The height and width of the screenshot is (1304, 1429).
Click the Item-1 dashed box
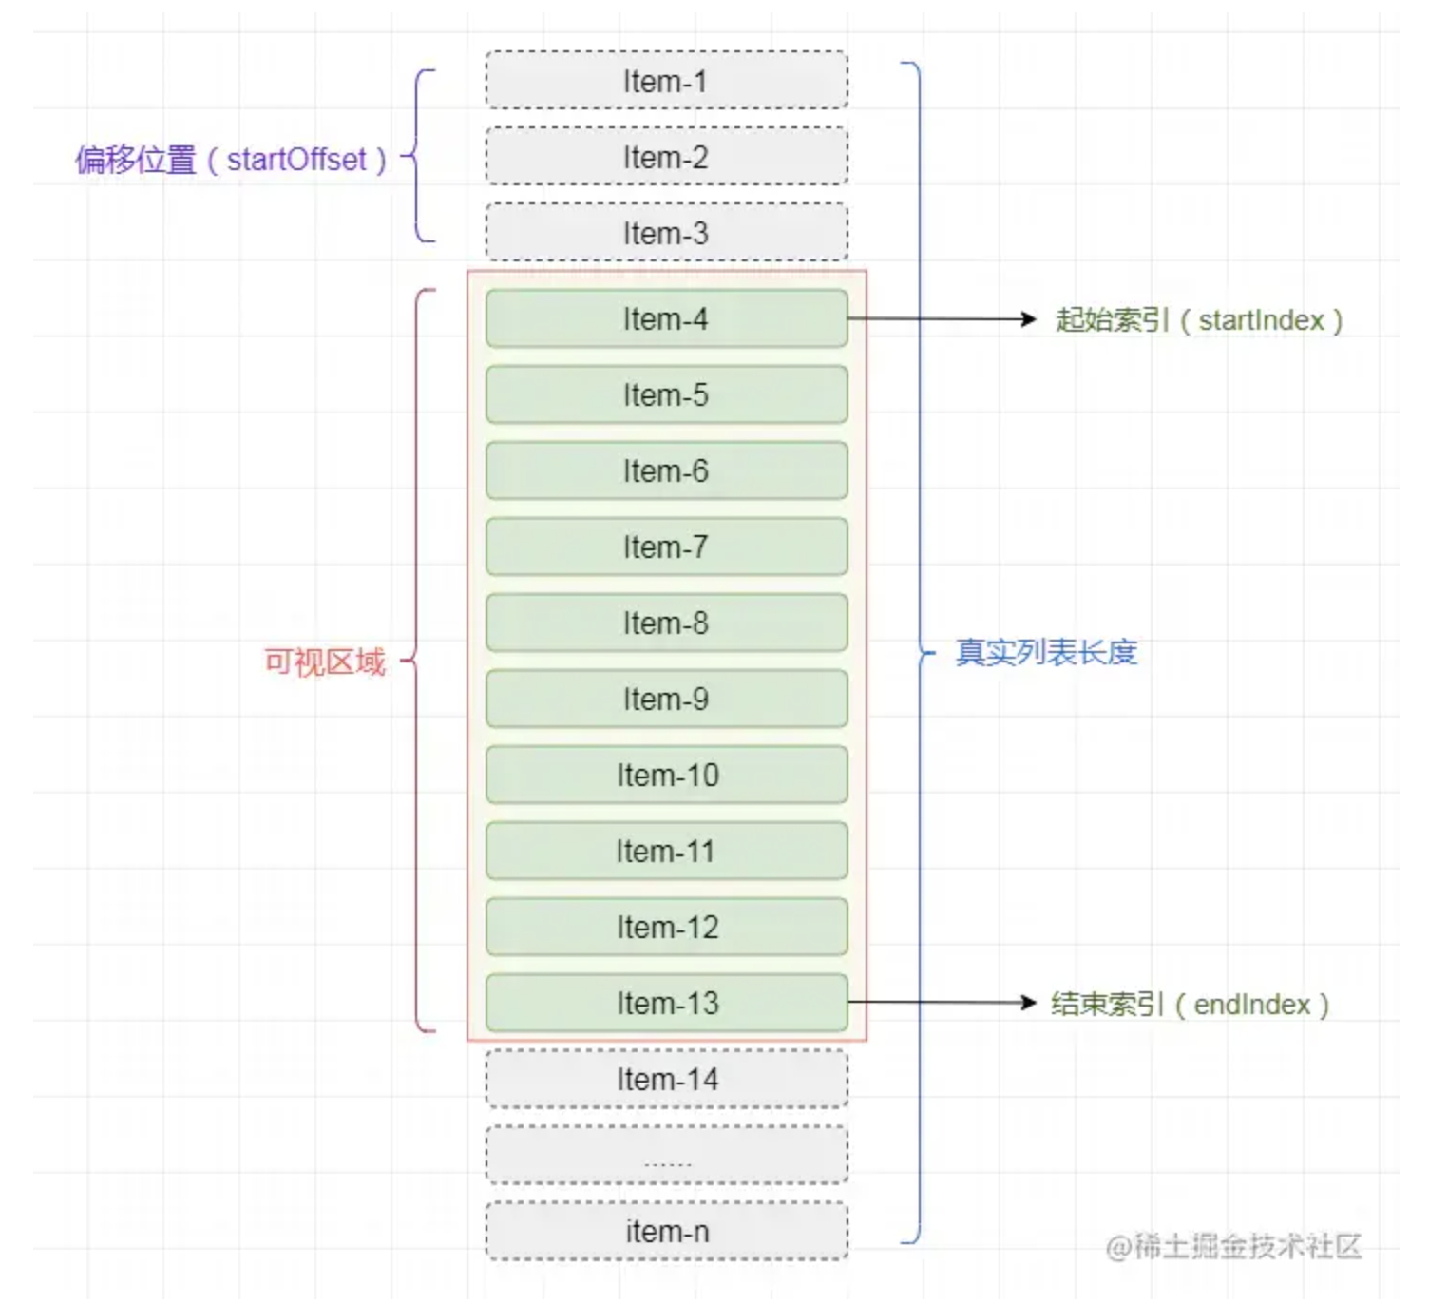point(667,80)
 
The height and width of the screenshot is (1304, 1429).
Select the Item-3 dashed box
point(667,232)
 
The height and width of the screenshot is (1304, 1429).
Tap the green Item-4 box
point(667,318)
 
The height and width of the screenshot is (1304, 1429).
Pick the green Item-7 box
point(667,547)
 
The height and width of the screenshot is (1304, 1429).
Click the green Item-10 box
point(667,775)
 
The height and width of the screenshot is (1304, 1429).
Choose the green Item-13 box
point(667,1003)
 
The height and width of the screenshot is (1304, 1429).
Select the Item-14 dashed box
point(667,1079)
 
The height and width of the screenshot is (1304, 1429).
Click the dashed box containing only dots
point(667,1155)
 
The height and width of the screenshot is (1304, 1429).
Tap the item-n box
point(667,1232)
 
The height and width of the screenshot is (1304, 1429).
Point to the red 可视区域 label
point(325,662)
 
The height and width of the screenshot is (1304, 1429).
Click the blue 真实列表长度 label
point(1046,652)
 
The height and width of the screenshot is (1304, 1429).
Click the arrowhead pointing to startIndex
point(1029,318)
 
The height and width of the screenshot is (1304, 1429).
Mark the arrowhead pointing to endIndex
point(1029,1003)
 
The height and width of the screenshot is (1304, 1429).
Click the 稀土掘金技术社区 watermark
point(1233,1247)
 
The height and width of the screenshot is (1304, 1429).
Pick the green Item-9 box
point(667,699)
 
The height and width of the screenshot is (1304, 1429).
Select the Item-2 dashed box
point(667,156)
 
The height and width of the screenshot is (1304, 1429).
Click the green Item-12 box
point(667,927)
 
